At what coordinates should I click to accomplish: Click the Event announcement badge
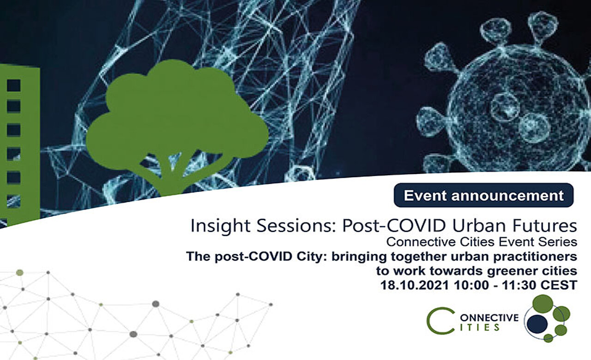[483, 195]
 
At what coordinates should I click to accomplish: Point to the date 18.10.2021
[415, 285]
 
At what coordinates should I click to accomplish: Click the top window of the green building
[14, 85]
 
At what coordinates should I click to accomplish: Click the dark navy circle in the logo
[537, 324]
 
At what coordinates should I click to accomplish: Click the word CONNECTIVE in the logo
[487, 318]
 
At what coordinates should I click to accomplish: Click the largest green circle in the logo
[543, 304]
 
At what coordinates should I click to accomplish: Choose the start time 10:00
[471, 285]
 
